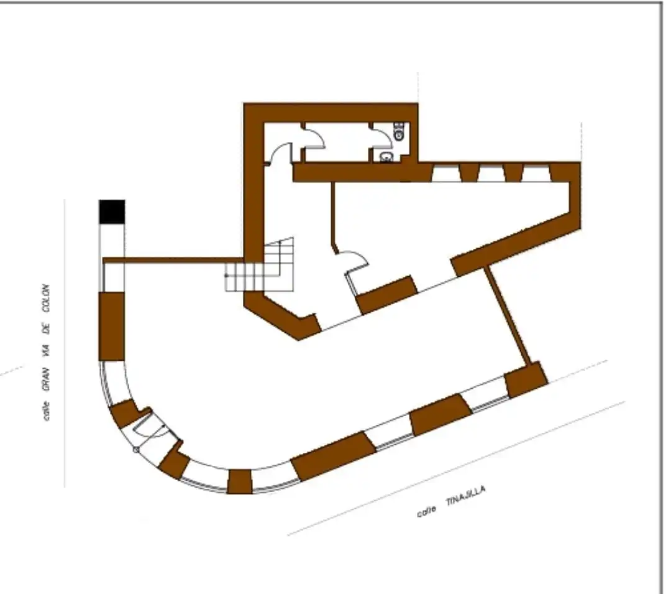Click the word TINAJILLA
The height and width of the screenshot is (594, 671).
coord(465,496)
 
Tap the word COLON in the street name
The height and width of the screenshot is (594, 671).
coord(46,298)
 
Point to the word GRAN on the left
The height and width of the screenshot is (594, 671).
coord(46,379)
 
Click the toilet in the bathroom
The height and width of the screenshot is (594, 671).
coord(399,131)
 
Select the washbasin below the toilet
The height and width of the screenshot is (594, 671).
coord(386,157)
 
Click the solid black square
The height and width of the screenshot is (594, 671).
coord(112,211)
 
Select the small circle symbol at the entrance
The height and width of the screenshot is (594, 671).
coord(136,449)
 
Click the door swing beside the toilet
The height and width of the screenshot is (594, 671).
coord(381,134)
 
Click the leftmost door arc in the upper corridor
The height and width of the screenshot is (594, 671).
coord(278,153)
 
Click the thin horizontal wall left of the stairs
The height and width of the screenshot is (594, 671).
coord(173,261)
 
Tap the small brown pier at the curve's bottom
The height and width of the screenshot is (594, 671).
coord(239,481)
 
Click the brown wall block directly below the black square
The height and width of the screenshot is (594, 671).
coord(112,327)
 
